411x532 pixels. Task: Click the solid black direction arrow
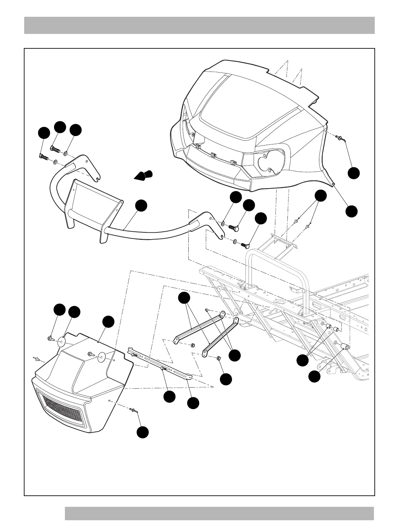pos(143,176)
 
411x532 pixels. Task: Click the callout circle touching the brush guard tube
pos(141,206)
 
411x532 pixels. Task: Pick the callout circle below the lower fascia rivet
pos(143,432)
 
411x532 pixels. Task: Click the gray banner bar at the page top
pos(199,26)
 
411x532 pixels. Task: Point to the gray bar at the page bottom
pos(219,514)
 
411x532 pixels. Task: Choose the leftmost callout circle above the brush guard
pos(43,133)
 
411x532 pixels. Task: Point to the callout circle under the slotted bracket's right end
pos(193,403)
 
